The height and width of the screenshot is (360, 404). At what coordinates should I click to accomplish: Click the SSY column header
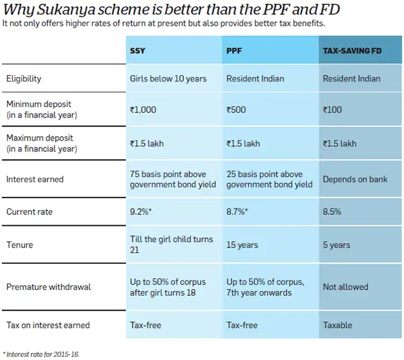138,51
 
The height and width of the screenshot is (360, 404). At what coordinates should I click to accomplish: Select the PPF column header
234,51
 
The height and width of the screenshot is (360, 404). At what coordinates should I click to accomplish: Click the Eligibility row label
24,79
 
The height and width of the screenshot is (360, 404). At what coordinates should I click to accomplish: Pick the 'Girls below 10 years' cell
168,79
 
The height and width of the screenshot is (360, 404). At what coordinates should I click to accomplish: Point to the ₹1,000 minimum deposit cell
143,110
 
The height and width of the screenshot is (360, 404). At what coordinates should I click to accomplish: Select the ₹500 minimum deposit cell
237,110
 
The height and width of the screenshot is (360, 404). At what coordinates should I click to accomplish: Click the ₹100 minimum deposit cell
333,110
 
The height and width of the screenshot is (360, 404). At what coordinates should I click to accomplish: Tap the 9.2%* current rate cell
142,211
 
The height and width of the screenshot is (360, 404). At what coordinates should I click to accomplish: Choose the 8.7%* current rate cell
239,211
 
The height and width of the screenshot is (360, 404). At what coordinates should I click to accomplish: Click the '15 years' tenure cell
242,245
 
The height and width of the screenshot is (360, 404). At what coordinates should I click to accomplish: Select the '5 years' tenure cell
337,245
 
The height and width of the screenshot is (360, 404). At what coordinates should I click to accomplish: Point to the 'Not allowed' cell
345,287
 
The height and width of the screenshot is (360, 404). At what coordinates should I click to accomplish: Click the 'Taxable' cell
337,325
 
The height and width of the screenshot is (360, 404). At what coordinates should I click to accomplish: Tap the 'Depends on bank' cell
355,179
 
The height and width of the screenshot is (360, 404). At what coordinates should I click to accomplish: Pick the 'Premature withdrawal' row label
49,287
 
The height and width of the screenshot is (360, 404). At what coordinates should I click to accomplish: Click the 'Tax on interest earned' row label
48,325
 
